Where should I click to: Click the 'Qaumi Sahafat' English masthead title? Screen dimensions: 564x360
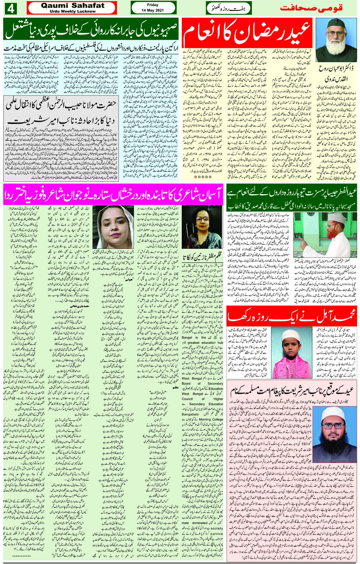point(72,5)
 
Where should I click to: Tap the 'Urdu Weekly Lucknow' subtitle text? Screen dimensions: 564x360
point(72,11)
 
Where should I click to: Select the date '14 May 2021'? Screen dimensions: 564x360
point(153,11)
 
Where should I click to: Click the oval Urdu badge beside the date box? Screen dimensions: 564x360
point(229,8)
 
